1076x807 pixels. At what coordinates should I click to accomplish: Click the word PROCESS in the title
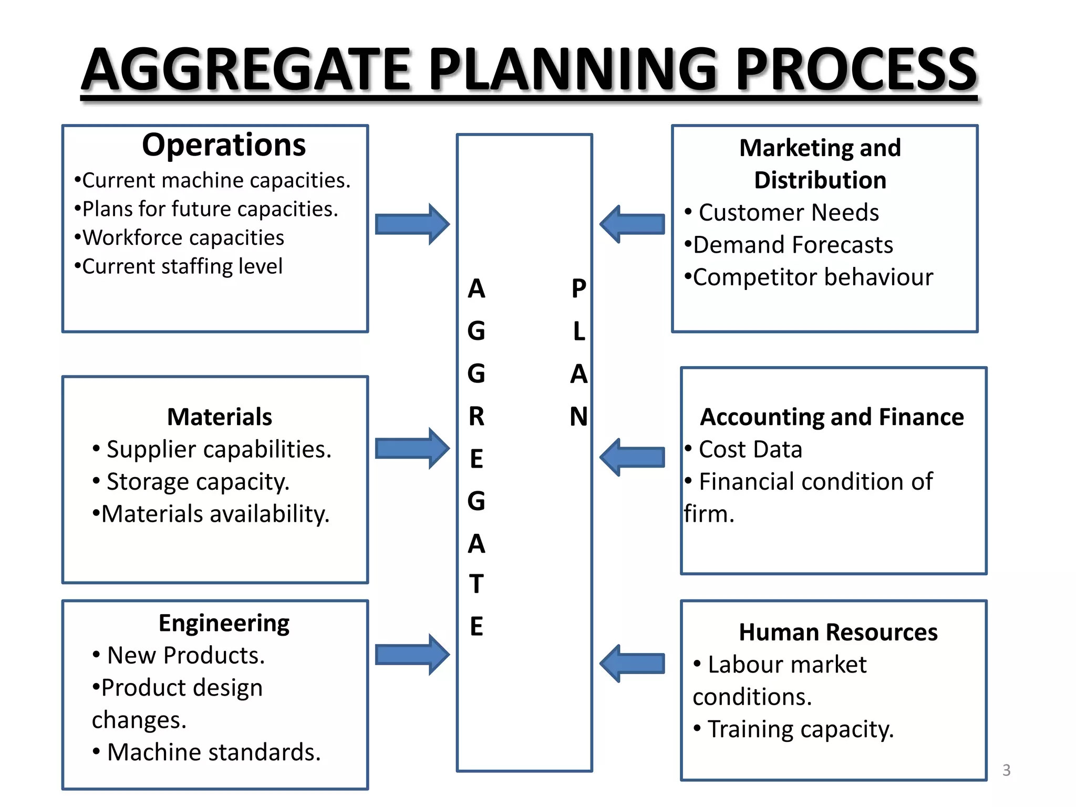tap(856, 69)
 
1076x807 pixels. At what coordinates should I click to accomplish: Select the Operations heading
tap(224, 145)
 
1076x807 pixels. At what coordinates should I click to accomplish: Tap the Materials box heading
tap(220, 417)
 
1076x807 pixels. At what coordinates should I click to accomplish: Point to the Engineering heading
tap(224, 624)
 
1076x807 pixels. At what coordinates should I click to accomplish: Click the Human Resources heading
tap(838, 632)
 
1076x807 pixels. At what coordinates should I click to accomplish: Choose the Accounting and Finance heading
tap(832, 417)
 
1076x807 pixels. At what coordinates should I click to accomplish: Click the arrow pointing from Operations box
tap(412, 224)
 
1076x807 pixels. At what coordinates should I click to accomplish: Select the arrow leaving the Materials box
tap(412, 448)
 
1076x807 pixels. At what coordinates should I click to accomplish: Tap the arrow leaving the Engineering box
tap(412, 655)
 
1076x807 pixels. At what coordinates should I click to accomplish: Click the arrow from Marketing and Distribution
tap(633, 224)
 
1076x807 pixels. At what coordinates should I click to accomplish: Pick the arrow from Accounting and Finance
tap(633, 457)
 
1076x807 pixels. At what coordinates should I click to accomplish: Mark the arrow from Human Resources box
tap(633, 664)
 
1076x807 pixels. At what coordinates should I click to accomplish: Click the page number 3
tap(1006, 770)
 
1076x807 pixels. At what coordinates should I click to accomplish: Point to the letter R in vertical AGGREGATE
tap(477, 417)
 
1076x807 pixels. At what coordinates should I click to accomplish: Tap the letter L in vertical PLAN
tap(579, 332)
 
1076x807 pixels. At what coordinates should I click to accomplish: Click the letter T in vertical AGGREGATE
tap(477, 584)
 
